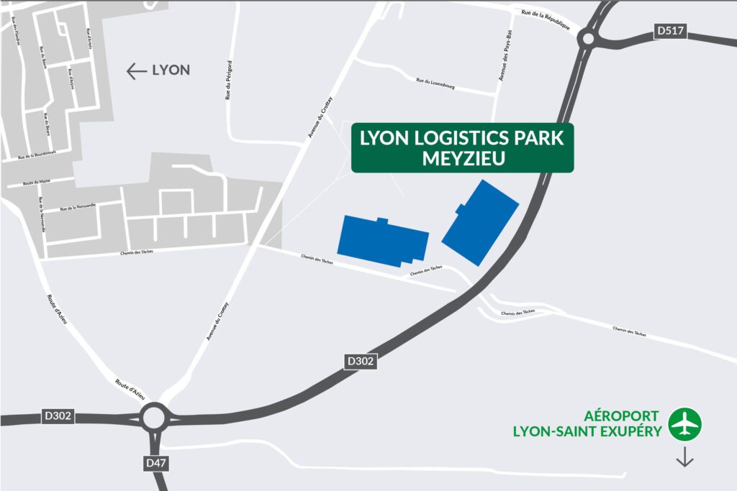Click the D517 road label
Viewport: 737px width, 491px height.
(670, 31)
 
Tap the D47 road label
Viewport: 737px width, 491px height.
(155, 464)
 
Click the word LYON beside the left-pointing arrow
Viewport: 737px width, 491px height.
(171, 70)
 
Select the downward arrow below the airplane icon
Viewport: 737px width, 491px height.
(684, 456)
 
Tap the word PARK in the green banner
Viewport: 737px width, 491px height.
(538, 138)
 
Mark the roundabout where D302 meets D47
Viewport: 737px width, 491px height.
(154, 418)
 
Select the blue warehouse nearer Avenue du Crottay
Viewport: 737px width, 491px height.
(383, 239)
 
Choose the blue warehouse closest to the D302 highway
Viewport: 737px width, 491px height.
(481, 221)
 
